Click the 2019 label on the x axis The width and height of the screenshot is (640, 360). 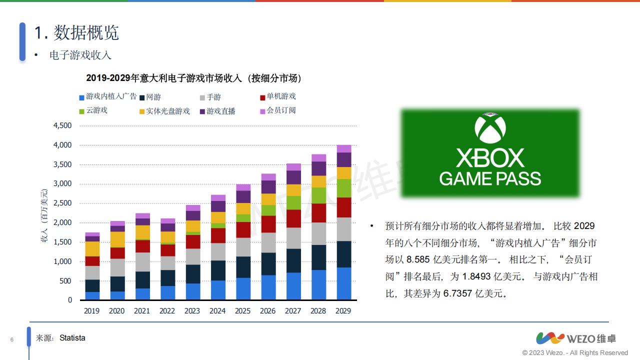92,311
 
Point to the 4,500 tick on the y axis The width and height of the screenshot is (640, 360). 63,125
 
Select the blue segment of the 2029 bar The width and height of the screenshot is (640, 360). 343,283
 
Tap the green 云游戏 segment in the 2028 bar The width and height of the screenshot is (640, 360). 318,195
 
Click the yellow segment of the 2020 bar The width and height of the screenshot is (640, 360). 117,239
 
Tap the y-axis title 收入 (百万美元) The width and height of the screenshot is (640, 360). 44,216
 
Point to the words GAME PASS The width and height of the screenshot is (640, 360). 490,178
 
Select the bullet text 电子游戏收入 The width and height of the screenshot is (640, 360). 80,55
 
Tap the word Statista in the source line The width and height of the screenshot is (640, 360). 72,338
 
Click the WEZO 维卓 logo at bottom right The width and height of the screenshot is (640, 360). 576,338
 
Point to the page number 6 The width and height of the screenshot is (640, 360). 12,340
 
